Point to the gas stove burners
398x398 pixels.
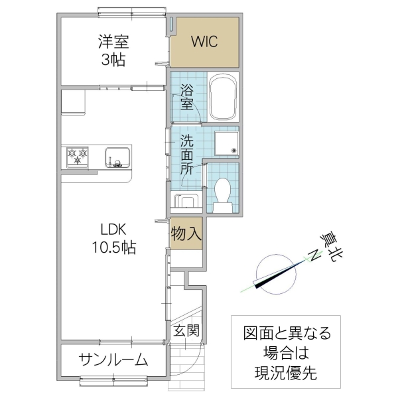click(78, 157)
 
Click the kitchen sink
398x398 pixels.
click(117, 157)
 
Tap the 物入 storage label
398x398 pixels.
click(186, 233)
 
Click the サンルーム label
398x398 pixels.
click(113, 360)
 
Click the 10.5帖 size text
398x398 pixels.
click(113, 249)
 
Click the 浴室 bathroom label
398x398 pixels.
click(188, 95)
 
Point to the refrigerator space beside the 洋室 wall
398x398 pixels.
click(72, 103)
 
